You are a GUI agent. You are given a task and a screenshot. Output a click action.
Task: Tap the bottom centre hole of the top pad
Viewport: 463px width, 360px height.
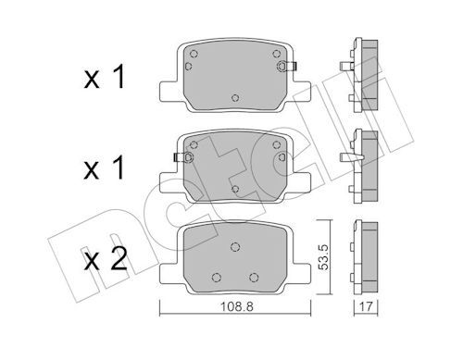pyautogui.click(x=235, y=97)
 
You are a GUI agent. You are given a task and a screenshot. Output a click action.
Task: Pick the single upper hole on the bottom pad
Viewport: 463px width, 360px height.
pyautogui.click(x=235, y=245)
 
